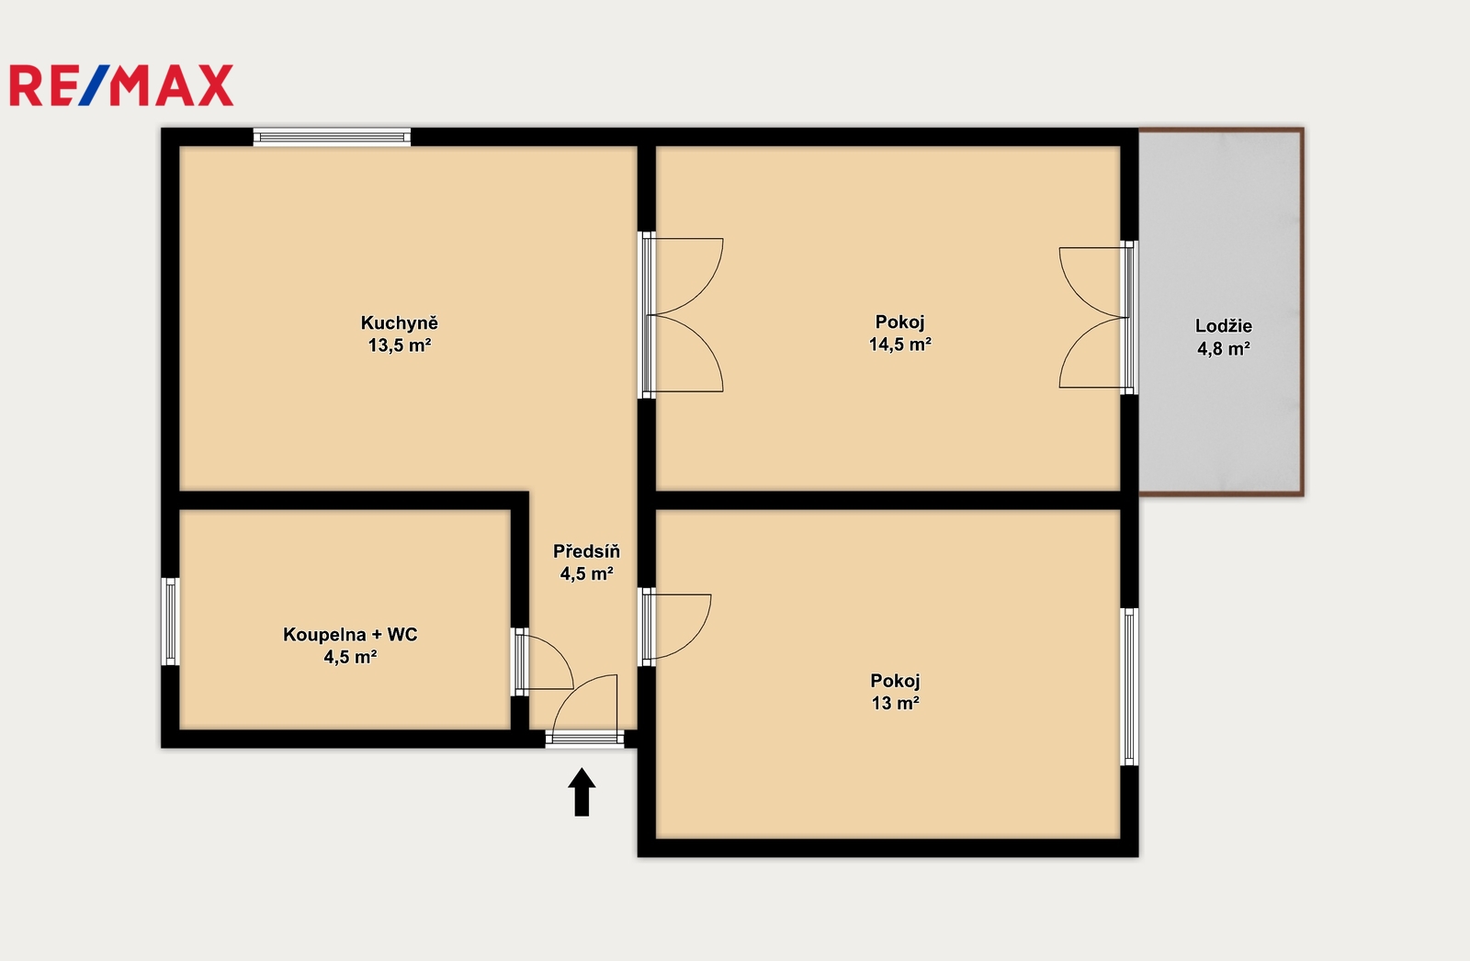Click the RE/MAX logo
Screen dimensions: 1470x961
[121, 85]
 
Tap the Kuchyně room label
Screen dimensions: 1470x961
[399, 322]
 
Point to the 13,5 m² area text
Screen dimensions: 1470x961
[399, 345]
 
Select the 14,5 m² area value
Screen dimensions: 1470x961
[899, 344]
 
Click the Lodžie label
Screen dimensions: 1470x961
[1223, 325]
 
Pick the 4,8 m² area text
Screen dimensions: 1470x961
[1223, 348]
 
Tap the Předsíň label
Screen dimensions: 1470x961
[586, 550]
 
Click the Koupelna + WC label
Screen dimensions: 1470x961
[350, 634]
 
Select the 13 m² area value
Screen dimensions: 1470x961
[895, 703]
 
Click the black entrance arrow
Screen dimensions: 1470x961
[582, 792]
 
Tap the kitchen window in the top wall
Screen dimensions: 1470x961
[332, 137]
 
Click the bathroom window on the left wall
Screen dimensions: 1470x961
[170, 621]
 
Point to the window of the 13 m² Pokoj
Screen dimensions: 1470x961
[1129, 686]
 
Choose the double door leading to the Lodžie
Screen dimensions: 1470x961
[1093, 318]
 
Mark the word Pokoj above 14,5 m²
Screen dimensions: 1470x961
[899, 322]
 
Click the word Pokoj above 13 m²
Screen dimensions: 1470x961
[895, 681]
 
